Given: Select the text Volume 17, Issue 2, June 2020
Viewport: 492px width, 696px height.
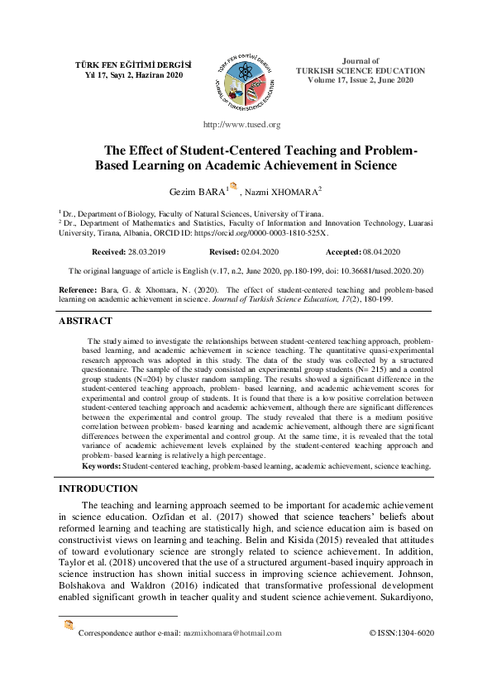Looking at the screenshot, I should (x=360, y=79).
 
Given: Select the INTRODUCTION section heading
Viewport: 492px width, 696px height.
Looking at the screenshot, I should (x=98, y=489).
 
